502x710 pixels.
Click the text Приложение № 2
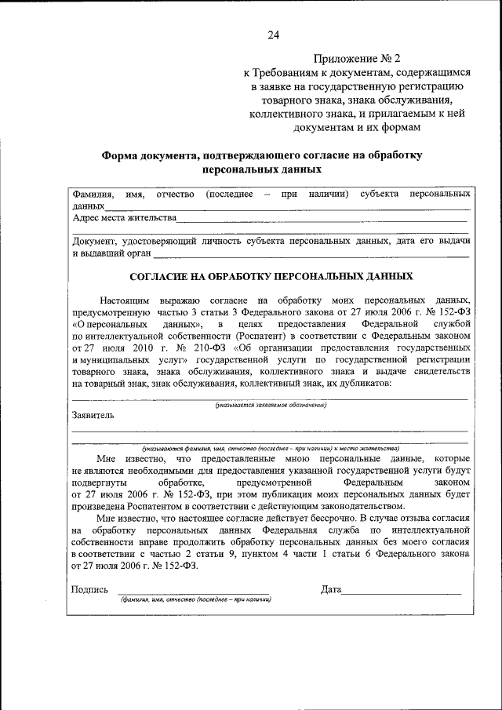pos(357,59)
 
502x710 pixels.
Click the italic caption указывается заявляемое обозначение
pos(271,405)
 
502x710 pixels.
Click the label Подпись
pos(89,590)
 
